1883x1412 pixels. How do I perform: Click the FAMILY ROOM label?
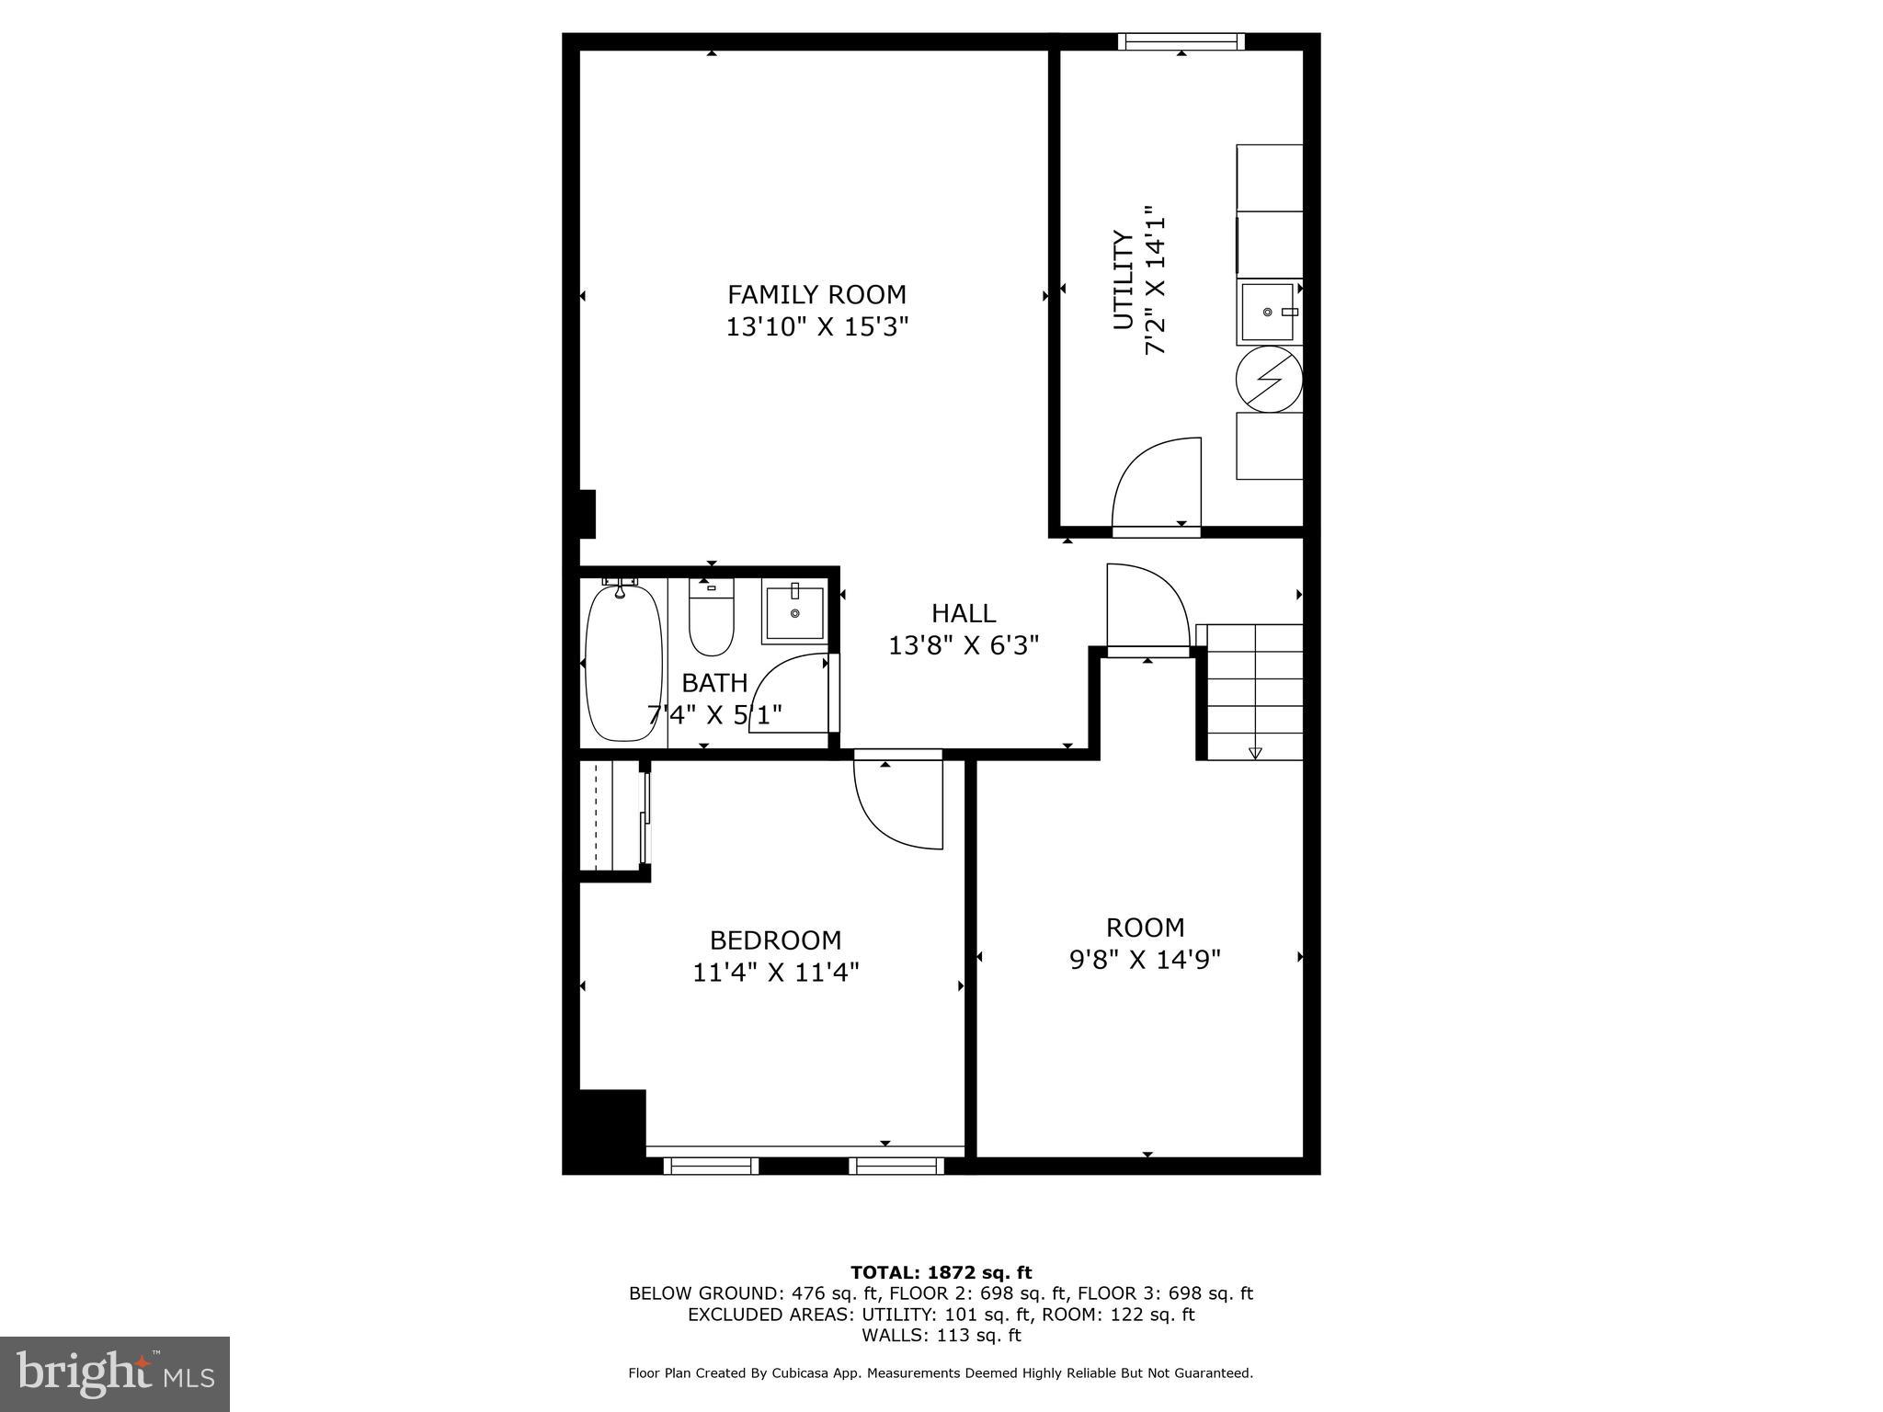coord(816,294)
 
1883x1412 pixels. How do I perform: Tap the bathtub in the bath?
coord(623,662)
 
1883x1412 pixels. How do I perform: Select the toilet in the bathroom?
coord(711,618)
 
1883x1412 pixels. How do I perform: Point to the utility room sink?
coord(1267,313)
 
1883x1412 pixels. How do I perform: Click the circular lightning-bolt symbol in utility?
coord(1269,379)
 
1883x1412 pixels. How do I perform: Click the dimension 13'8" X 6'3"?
coord(964,645)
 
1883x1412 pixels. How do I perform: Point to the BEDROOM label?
coord(775,940)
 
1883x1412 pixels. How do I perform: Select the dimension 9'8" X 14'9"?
coord(1145,960)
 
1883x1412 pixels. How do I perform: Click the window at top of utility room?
coord(1181,41)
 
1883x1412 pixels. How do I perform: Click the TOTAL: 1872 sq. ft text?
coord(941,1272)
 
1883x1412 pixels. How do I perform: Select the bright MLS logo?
coord(115,1373)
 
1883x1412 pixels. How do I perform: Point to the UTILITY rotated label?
coord(1124,279)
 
